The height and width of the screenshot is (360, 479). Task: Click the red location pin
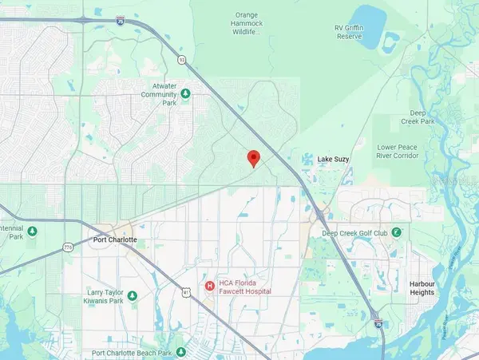[x=254, y=158]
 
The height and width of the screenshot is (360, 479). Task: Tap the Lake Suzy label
[x=334, y=160]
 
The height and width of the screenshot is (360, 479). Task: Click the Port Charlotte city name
[x=113, y=239]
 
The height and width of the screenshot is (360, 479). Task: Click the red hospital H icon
[x=209, y=285]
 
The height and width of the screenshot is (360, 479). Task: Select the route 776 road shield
[x=68, y=247]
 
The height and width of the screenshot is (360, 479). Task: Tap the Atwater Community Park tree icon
[x=186, y=93]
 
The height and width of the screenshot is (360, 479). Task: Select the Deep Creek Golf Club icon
[x=395, y=231]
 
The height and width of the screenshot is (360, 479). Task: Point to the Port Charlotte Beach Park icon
[x=183, y=351]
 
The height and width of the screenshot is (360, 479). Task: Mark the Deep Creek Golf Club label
[x=354, y=233]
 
